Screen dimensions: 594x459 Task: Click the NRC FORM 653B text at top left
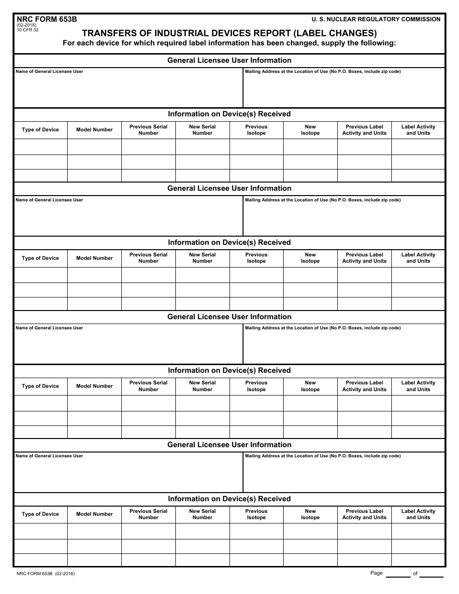pos(46,19)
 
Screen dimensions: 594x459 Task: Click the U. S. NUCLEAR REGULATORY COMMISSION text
pos(376,19)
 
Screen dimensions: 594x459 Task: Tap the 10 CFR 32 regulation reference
pos(27,30)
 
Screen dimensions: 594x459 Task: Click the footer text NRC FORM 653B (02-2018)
pos(45,574)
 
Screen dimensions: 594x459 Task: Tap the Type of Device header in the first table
pos(41,130)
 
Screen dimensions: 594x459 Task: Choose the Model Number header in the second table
pos(94,258)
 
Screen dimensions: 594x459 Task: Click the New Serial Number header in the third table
pos(202,386)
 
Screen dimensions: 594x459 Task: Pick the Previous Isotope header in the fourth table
pos(256,514)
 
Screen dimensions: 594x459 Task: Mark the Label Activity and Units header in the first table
pos(418,130)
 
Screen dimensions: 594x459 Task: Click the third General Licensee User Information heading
pos(229,317)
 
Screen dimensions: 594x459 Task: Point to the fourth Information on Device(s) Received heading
pos(229,499)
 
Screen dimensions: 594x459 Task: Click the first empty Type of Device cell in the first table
pos(41,147)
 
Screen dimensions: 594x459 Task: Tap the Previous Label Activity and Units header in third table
pos(364,386)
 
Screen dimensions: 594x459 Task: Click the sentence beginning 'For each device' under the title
pos(229,43)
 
